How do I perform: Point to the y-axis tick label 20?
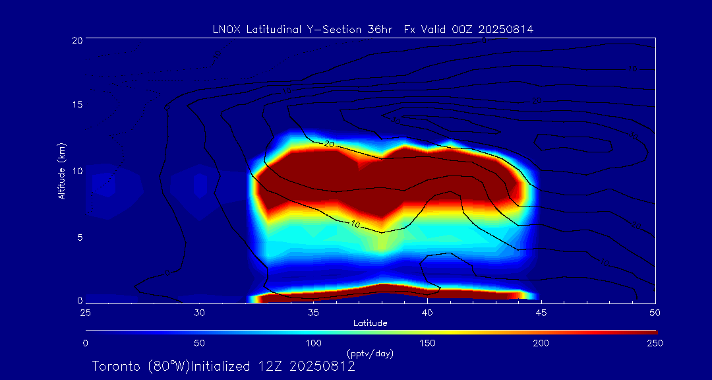pos(76,40)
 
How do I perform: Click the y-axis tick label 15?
pos(76,105)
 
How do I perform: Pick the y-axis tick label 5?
pos(79,237)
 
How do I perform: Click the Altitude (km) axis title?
pos(61,171)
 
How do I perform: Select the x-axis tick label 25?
pos(85,311)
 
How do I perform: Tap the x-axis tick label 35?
pos(313,311)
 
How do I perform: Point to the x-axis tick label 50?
pos(655,311)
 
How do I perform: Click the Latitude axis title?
pos(370,323)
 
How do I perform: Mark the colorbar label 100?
pos(313,343)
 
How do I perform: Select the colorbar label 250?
pos(655,343)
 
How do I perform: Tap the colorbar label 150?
pos(427,343)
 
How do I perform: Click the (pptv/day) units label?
pos(370,354)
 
